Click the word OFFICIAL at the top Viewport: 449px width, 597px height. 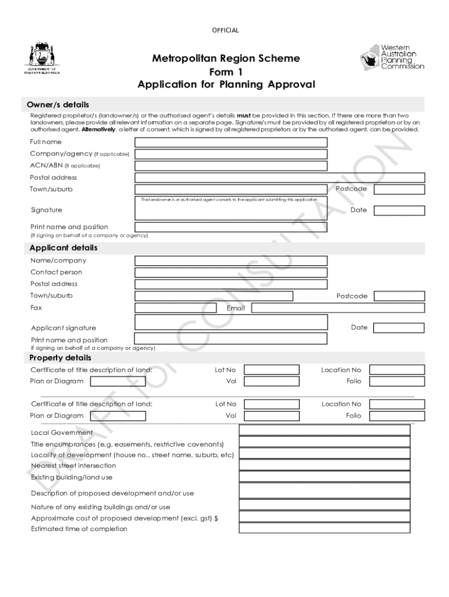coord(225,30)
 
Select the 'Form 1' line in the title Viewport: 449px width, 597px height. coord(226,72)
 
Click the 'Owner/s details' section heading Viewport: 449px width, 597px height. coord(58,105)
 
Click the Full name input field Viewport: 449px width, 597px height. coord(231,142)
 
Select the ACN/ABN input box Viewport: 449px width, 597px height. coord(231,166)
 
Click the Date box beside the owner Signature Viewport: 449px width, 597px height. coord(399,210)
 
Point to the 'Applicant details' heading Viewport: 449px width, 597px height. coord(64,248)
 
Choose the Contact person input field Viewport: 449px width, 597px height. coord(231,272)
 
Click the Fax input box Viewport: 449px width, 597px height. coord(176,308)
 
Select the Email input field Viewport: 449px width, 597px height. coord(338,308)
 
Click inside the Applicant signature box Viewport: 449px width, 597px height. coord(231,322)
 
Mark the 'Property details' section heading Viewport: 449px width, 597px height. coord(61,357)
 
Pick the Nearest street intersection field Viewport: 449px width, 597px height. coord(324,465)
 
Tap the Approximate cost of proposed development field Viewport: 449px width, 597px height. coord(324,517)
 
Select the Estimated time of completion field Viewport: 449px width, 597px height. coord(324,528)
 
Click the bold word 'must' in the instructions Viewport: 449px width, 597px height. coord(244,115)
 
